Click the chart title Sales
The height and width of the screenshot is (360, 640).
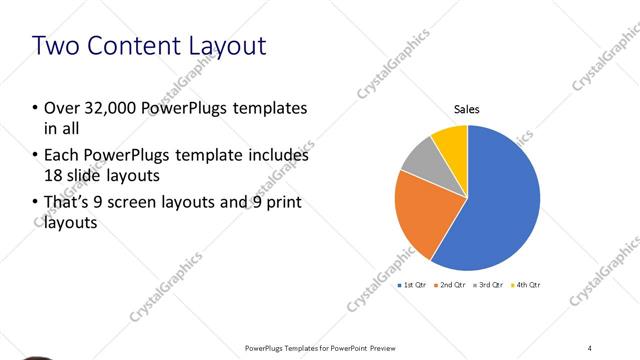[x=468, y=109]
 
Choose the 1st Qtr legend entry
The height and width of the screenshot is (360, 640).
[x=412, y=286]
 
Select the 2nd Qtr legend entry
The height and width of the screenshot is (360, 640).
[x=450, y=286]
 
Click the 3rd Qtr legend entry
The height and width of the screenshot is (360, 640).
[x=488, y=286]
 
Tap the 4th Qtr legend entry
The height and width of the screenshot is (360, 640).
[x=526, y=286]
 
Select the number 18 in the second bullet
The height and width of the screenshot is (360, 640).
[x=54, y=174]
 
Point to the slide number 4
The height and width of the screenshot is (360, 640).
[x=590, y=347]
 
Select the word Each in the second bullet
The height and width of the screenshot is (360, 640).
[x=61, y=156]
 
